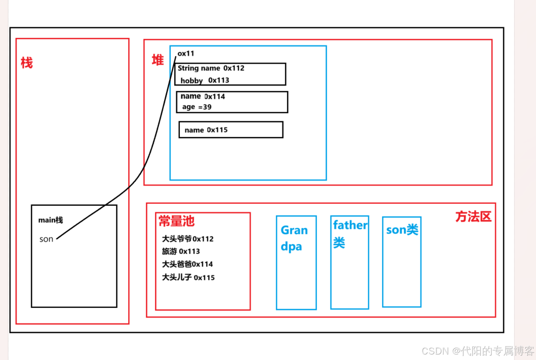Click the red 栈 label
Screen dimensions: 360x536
click(x=27, y=63)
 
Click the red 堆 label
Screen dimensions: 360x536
click(x=158, y=60)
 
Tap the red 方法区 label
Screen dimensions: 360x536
click(x=473, y=216)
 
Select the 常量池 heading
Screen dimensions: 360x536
click(x=176, y=221)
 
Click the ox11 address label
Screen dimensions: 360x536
click(x=186, y=53)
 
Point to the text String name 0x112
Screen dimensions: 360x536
click(x=211, y=68)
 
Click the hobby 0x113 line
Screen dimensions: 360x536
click(x=205, y=80)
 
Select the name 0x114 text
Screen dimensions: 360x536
click(x=203, y=96)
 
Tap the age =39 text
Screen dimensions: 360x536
click(x=197, y=107)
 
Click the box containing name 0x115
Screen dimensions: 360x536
click(x=231, y=130)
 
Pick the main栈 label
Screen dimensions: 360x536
click(x=51, y=220)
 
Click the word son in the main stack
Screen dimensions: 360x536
click(x=46, y=239)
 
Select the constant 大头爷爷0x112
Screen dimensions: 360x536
click(x=188, y=239)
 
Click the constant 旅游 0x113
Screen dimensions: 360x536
click(x=181, y=251)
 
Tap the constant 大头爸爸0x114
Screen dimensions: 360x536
click(x=187, y=264)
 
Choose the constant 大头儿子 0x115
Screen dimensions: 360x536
click(x=188, y=277)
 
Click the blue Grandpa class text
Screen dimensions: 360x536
click(x=294, y=238)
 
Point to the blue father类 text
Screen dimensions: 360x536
click(x=349, y=233)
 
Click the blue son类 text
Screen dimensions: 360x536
click(x=402, y=230)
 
